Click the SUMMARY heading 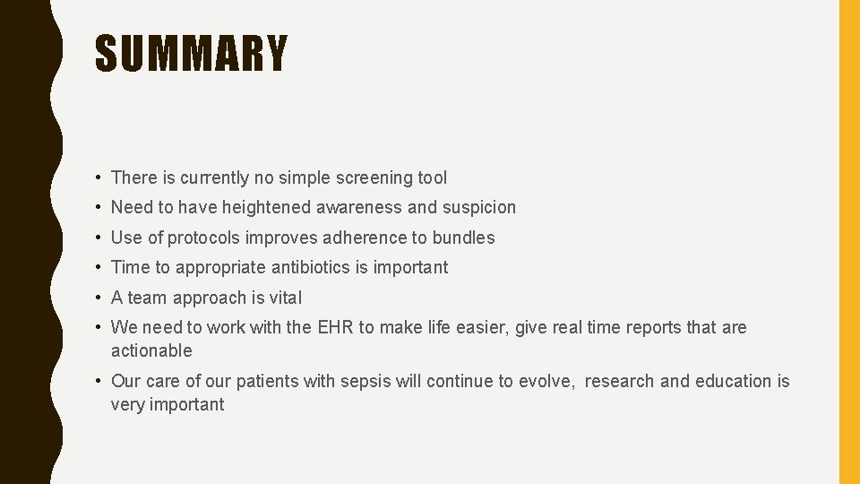pos(191,54)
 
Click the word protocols pos(204,238)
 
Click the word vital pos(285,298)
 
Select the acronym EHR pos(336,327)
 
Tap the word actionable pos(151,350)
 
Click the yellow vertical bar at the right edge pos(848,242)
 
